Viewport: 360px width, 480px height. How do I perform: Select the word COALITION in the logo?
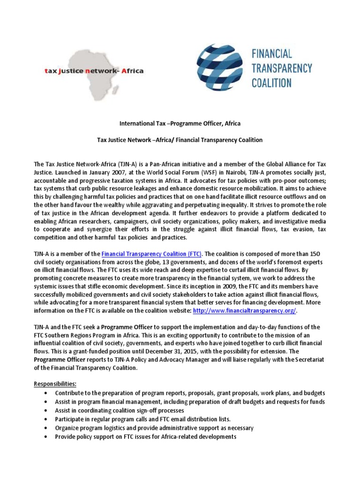pos(271,83)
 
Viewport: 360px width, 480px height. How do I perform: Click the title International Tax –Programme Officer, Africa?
pos(180,123)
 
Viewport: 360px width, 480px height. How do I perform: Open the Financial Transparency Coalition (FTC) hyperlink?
pos(151,254)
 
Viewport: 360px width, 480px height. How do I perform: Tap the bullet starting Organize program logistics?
pos(154,428)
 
